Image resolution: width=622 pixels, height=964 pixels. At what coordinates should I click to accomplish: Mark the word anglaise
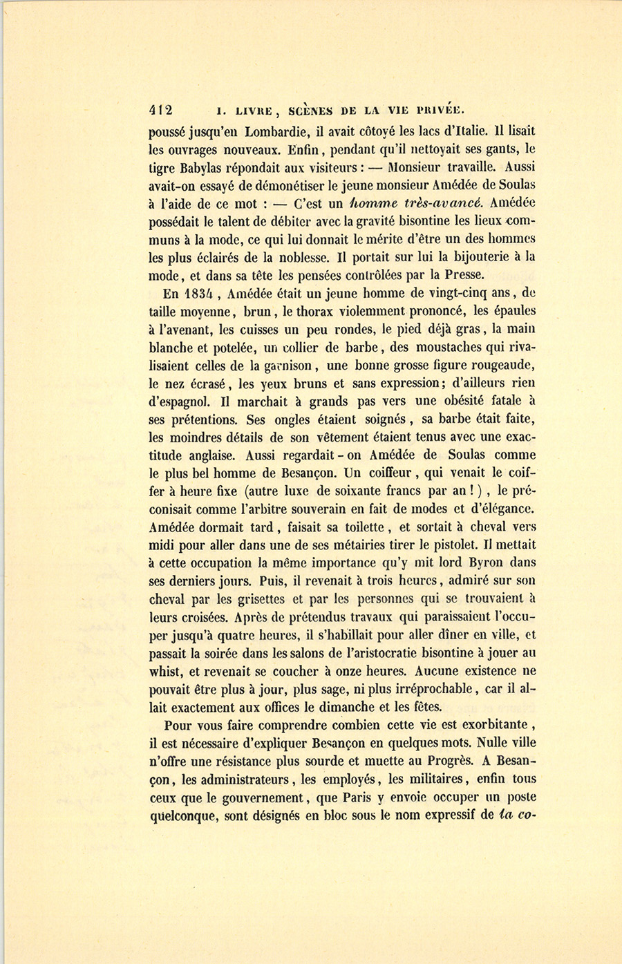[209, 455]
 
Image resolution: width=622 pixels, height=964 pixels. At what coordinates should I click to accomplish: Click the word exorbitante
[490, 725]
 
